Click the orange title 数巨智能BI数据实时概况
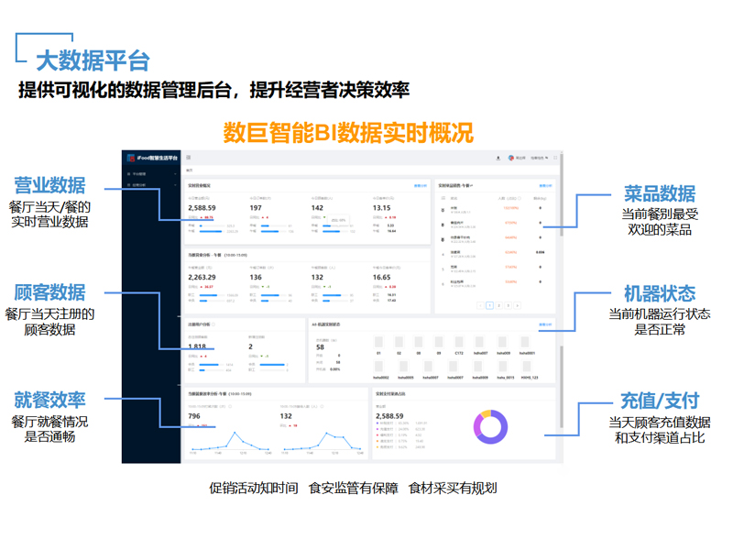[348, 132]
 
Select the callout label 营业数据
[49, 185]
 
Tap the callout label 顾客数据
[49, 292]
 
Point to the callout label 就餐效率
[49, 400]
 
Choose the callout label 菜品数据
[660, 193]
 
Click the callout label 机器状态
[660, 294]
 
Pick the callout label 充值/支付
[660, 401]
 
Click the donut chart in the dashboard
[490, 426]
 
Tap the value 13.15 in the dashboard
[381, 208]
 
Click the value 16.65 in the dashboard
[381, 277]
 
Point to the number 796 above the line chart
[194, 416]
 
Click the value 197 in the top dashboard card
[256, 208]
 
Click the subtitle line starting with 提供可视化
[213, 90]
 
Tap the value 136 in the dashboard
[256, 277]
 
